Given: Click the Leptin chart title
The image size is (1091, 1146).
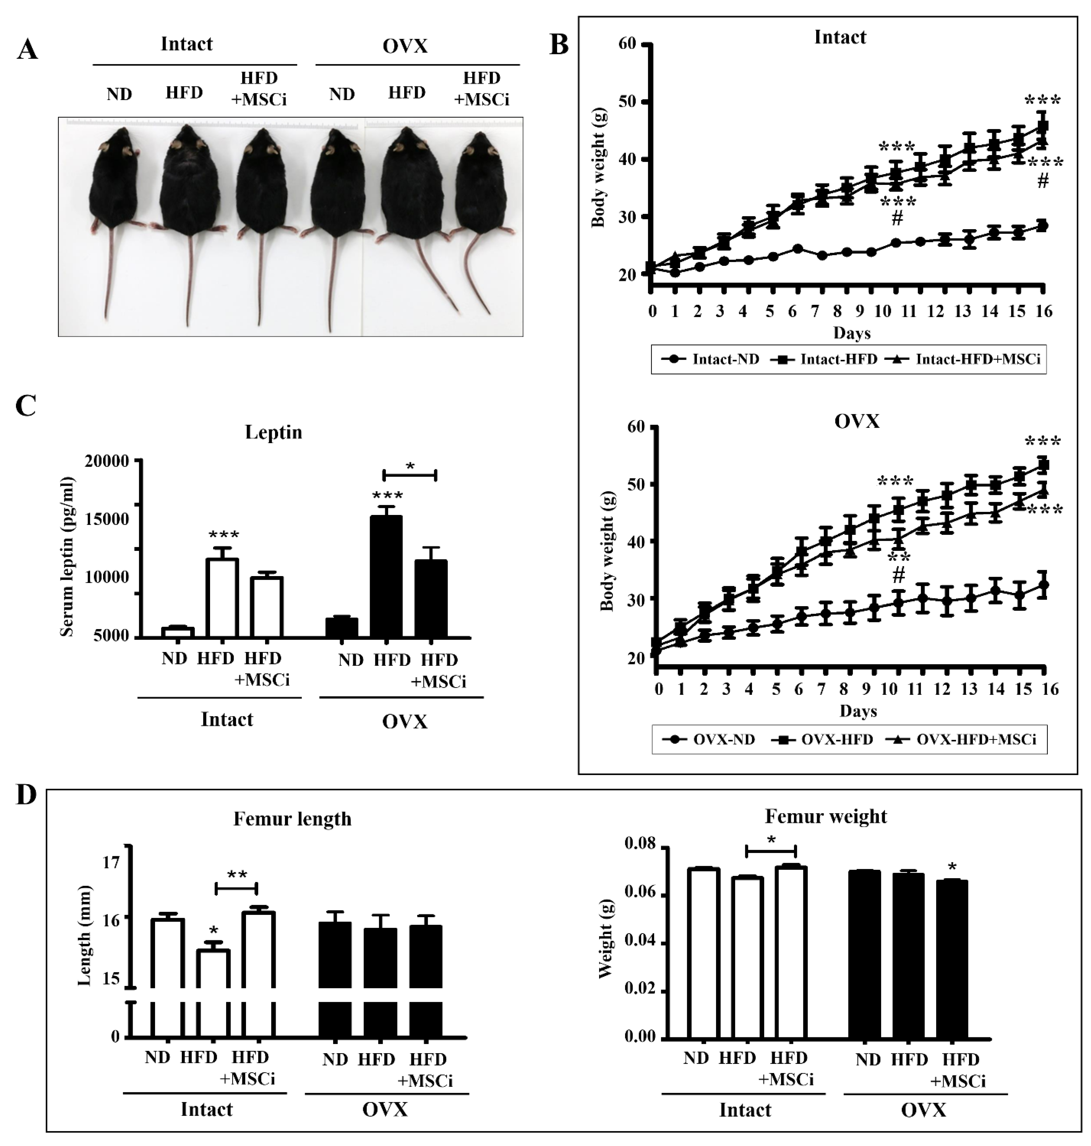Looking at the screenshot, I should coord(273,432).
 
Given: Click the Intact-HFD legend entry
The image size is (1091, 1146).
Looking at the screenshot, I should coord(825,359).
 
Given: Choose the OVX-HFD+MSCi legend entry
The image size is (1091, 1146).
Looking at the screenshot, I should coord(963,740).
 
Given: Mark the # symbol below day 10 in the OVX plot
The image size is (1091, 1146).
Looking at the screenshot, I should coord(899,576).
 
